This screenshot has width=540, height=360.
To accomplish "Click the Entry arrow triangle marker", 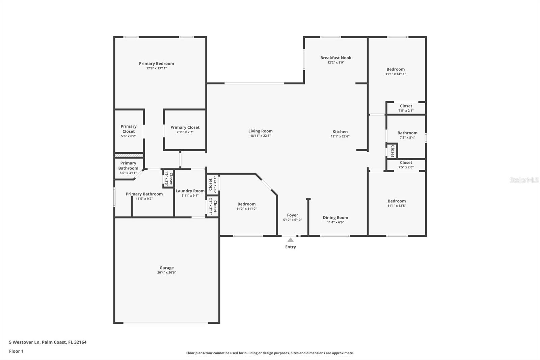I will tap(290, 240).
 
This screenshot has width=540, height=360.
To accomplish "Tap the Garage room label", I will tap(166, 268).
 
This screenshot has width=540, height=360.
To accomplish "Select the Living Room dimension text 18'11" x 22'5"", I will tap(260, 136).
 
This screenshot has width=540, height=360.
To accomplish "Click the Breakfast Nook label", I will tap(335, 58).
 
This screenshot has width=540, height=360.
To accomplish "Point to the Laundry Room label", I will tap(190, 191).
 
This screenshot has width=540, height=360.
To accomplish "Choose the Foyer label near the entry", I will tap(292, 215).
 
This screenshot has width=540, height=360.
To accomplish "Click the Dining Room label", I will tap(335, 217).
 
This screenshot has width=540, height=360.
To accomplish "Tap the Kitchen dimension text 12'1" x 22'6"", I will tap(340, 136).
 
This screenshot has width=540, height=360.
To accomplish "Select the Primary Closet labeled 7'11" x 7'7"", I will tap(185, 127).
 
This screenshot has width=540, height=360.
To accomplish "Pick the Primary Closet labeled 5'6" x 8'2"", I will tap(128, 129).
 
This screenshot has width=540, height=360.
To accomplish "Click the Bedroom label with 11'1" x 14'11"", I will tap(396, 69).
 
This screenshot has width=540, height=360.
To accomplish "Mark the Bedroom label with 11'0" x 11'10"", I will tap(246, 204).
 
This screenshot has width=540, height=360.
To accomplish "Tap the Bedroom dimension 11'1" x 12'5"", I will tap(397, 206).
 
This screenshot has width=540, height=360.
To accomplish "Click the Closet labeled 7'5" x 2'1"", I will tap(406, 106).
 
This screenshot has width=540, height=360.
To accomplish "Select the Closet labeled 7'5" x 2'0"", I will tap(406, 162).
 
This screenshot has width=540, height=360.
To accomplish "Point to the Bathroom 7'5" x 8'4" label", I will tap(407, 133).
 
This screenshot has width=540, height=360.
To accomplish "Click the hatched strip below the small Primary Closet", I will tap(129, 155).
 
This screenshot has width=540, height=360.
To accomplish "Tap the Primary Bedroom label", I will tap(156, 63).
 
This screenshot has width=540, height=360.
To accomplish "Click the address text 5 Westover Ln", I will tap(24, 342).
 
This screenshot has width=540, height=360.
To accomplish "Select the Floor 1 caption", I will tap(16, 351).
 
